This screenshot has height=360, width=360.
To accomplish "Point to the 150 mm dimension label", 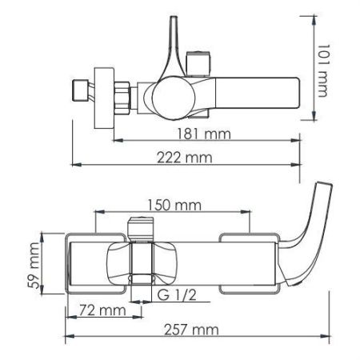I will (x=172, y=206).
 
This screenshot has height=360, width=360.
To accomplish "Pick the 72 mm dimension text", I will (x=96, y=309).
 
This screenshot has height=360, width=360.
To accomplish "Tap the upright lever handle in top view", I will (x=176, y=48).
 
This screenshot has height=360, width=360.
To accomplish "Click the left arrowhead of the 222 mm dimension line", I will (x=74, y=166).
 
